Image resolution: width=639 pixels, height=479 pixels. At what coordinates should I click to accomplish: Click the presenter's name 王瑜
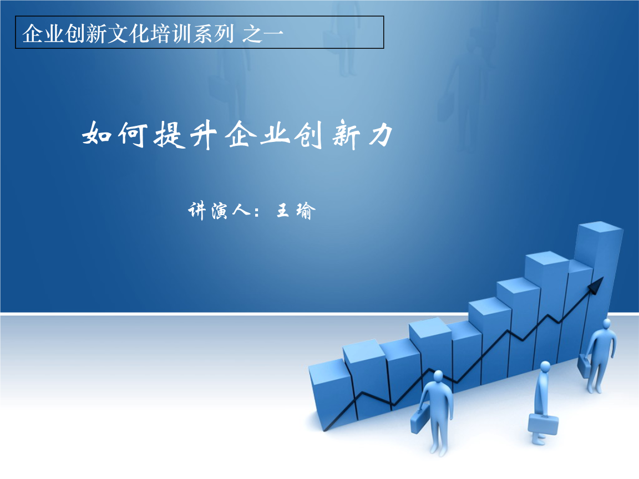[x=295, y=211]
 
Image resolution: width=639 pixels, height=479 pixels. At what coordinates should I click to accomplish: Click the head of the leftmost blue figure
[x=438, y=377]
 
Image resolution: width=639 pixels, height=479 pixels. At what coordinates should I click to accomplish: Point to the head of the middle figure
[x=545, y=367]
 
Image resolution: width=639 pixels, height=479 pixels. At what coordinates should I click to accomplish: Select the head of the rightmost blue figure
[x=606, y=323]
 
